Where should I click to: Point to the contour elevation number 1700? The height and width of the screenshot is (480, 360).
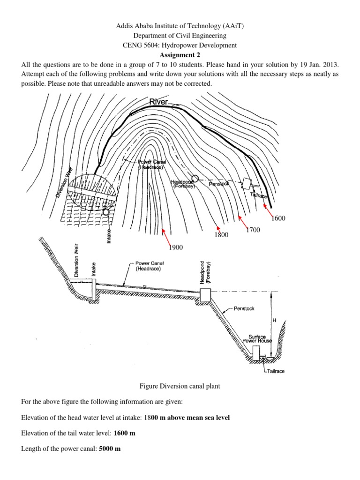253,230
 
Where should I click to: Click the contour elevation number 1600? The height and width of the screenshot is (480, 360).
278,218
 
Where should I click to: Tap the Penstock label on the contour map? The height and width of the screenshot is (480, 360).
219,184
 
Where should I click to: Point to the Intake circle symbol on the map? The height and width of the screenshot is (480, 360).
106,212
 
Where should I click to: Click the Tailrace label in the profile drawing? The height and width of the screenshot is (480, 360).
275,371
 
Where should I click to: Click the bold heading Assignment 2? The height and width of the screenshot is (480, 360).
180,54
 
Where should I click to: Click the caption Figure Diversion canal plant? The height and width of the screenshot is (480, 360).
180,386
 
